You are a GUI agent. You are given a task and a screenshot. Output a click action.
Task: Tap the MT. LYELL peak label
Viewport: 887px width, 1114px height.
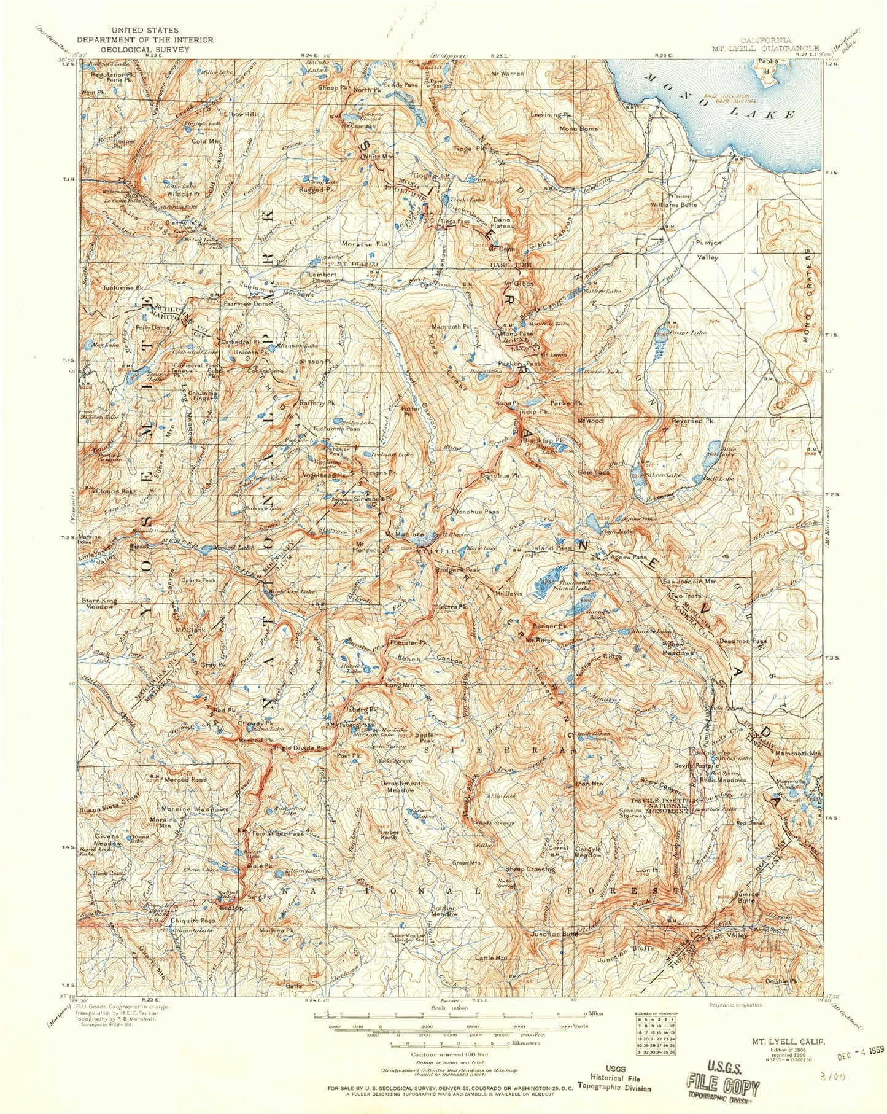pyautogui.click(x=436, y=551)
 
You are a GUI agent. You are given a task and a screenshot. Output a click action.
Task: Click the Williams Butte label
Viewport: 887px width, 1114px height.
pyautogui.click(x=674, y=204)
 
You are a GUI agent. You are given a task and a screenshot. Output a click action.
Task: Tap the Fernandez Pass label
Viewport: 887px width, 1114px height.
pyautogui.click(x=275, y=833)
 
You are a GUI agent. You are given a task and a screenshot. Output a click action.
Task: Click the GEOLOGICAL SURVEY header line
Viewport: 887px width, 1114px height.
pyautogui.click(x=144, y=49)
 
